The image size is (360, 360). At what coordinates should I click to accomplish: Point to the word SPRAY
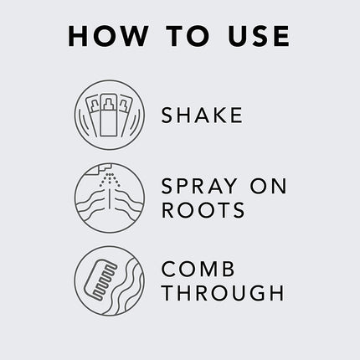coord(195,183)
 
